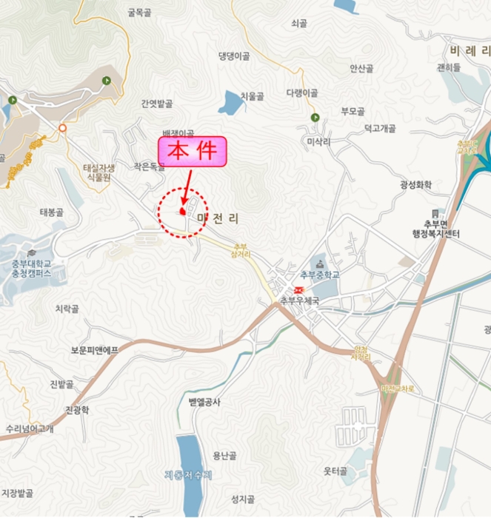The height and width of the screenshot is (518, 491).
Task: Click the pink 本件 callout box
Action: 190,152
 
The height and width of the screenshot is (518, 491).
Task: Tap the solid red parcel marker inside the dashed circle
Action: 181,212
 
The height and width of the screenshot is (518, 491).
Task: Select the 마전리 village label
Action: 220,219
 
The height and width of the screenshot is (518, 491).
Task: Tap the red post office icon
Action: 299,289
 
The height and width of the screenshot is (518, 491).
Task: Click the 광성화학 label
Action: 415,185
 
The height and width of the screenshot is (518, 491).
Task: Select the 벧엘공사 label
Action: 205,402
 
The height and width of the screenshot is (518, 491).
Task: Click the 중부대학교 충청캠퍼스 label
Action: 31,267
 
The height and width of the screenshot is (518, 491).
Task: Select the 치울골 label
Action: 253,95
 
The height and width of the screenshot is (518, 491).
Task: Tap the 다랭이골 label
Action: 301,93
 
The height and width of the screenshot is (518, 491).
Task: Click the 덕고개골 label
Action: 380,128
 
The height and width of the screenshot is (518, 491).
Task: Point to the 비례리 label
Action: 470,51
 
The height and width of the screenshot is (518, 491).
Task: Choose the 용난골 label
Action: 224,455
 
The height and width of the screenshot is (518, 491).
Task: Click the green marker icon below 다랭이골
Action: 315,118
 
